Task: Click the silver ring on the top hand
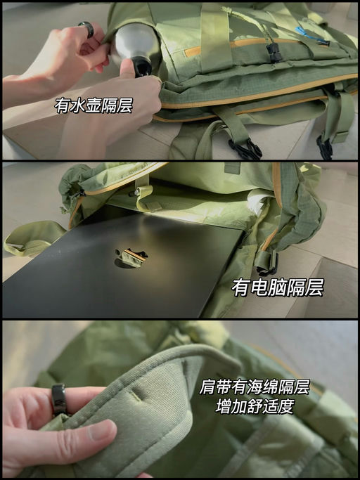[x=86, y=29]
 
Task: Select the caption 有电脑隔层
[x=278, y=287]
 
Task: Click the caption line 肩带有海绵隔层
[x=255, y=387]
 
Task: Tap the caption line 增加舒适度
[x=255, y=406]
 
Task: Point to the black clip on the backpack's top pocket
[x=274, y=51]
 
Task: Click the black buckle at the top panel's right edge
[x=325, y=147]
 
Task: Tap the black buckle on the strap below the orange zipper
[x=246, y=148]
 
